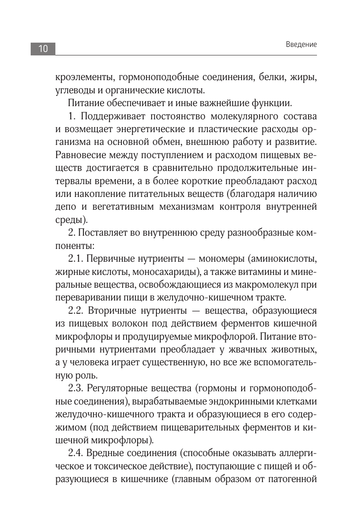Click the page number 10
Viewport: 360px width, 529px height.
pos(43,49)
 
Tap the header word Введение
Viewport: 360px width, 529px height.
pos(301,44)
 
